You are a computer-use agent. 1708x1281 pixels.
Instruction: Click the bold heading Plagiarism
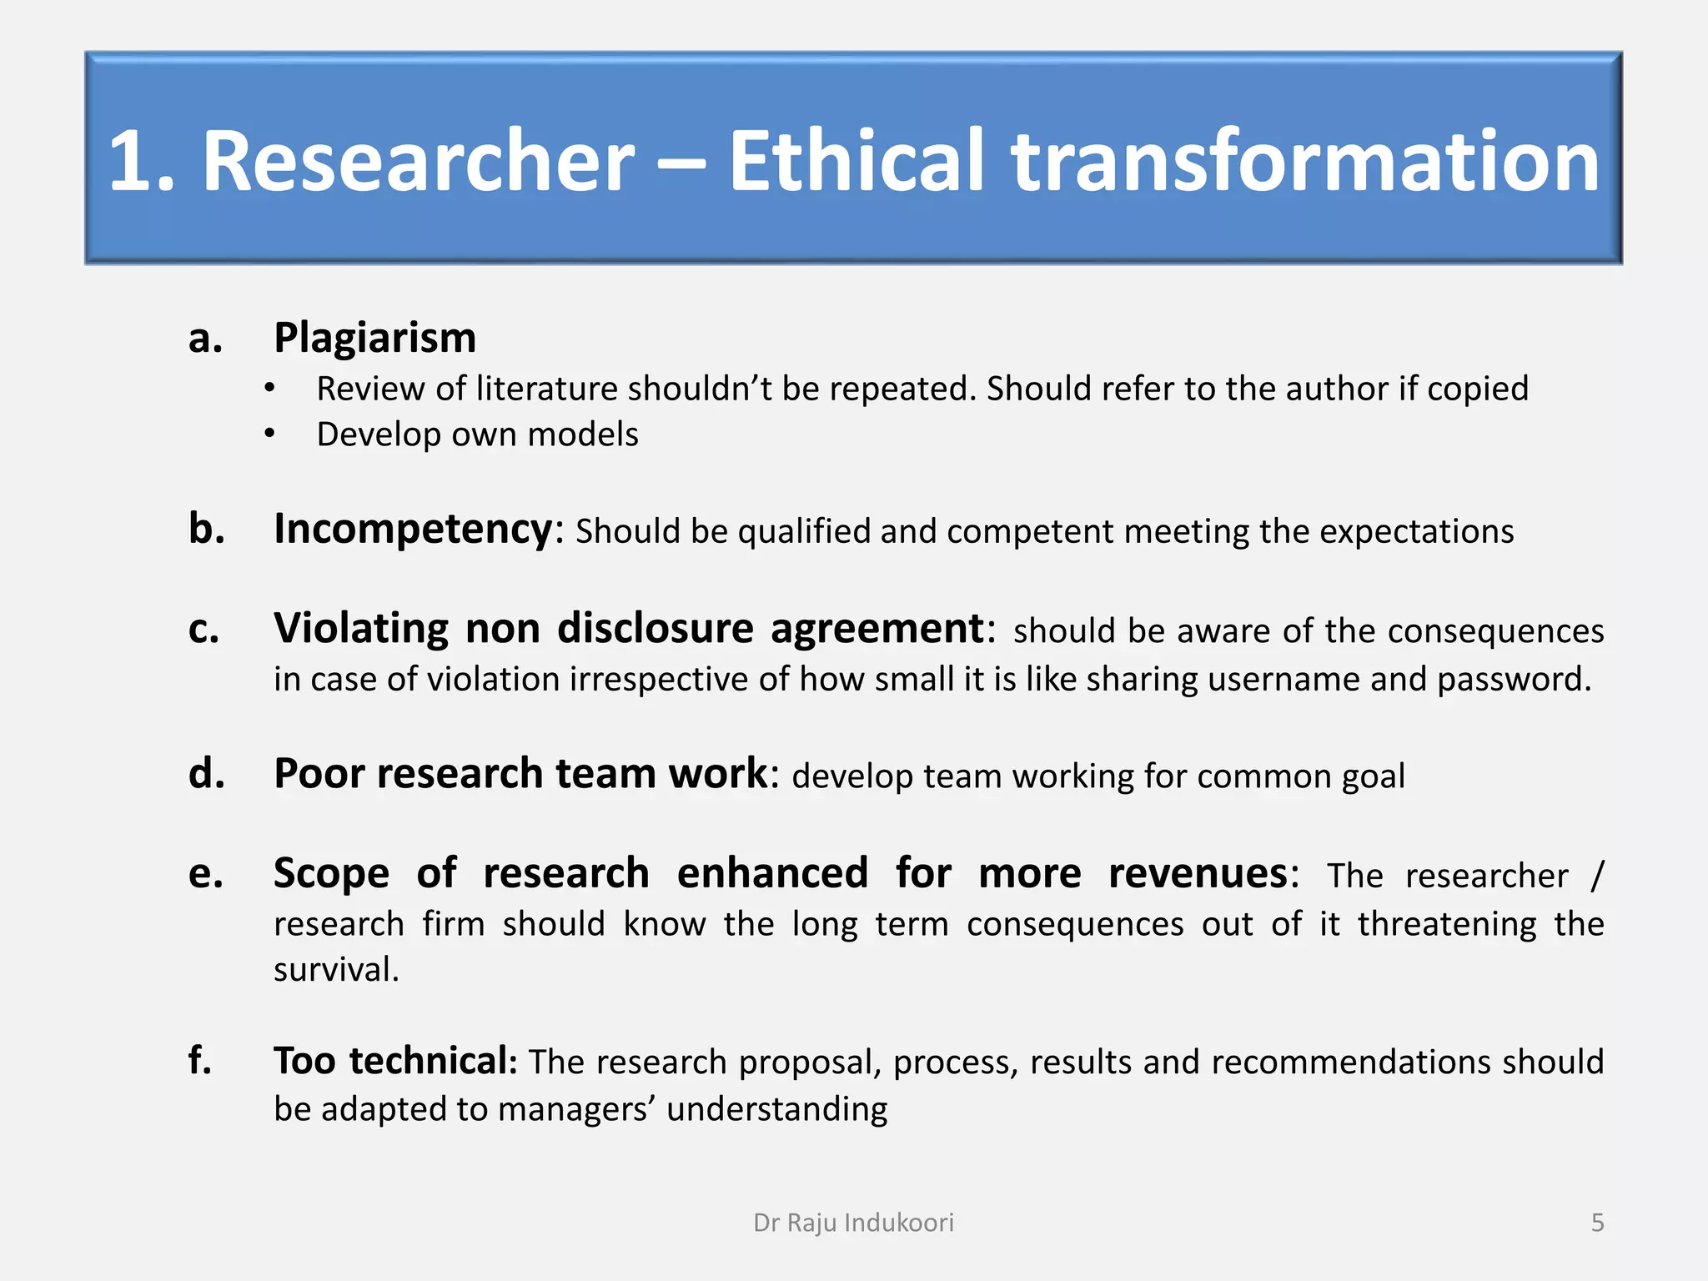pyautogui.click(x=374, y=339)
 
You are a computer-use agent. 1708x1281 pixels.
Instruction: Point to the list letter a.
pyautogui.click(x=205, y=339)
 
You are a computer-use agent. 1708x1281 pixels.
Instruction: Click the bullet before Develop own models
pyautogui.click(x=269, y=435)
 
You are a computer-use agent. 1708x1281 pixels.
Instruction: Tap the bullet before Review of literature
pyautogui.click(x=269, y=389)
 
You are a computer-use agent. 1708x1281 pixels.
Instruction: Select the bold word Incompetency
pyautogui.click(x=413, y=530)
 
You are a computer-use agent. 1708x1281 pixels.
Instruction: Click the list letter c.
pyautogui.click(x=203, y=630)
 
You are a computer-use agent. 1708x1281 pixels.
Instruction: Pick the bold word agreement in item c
pyautogui.click(x=877, y=630)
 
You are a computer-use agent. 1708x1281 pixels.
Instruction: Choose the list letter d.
pyautogui.click(x=206, y=774)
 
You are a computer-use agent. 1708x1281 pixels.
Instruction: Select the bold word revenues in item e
pyautogui.click(x=1198, y=874)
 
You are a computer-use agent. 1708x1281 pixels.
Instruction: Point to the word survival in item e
pyautogui.click(x=335, y=970)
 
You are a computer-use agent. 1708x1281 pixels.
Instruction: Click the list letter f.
pyautogui.click(x=199, y=1061)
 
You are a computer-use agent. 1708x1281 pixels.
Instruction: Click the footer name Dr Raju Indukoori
pyautogui.click(x=853, y=1223)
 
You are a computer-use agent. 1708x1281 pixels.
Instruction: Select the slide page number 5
pyautogui.click(x=1597, y=1223)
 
